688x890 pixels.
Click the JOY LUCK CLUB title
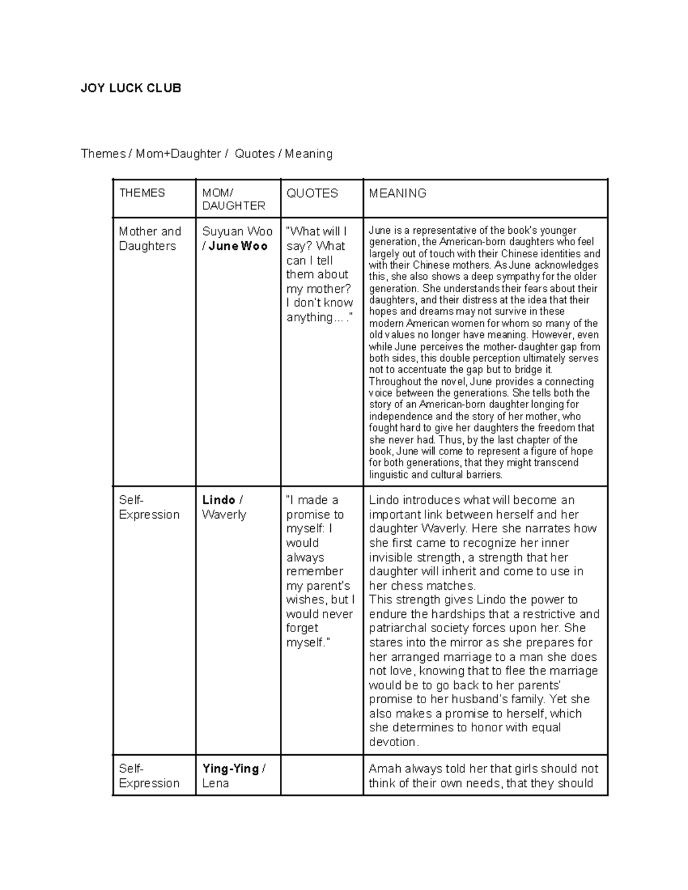[131, 88]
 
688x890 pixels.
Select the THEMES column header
[142, 193]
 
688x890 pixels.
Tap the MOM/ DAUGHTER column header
[233, 199]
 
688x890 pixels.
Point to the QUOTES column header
[312, 193]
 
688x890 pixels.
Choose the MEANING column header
[397, 193]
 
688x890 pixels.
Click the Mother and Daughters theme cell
[150, 238]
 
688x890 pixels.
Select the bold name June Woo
[239, 246]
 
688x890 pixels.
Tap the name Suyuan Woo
[237, 232]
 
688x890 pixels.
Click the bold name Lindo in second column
[218, 500]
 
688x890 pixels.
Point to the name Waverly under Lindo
[224, 515]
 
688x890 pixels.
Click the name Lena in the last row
[216, 783]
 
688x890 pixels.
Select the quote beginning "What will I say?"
[320, 274]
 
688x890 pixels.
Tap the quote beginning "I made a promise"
[320, 571]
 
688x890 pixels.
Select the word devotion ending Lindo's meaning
[393, 742]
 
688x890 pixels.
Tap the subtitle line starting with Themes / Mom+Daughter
[206, 154]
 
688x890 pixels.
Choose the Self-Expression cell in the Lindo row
[149, 507]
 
